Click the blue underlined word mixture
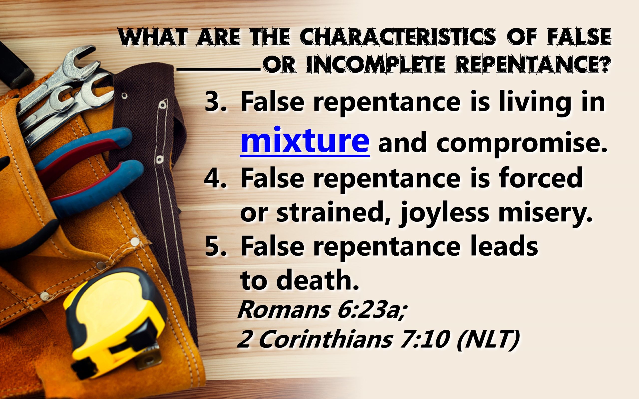coord(305,141)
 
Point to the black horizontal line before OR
coord(219,70)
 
